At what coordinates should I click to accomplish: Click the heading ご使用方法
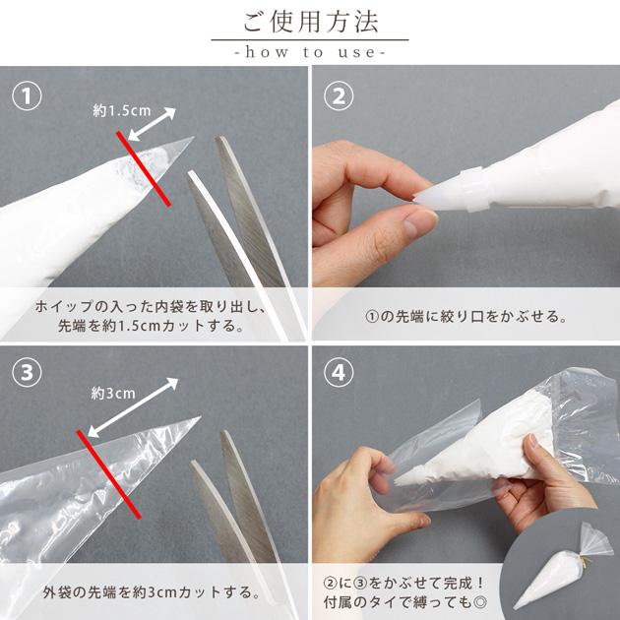click(x=310, y=22)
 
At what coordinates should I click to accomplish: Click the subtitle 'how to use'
click(x=310, y=52)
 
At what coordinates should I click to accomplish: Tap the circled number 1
click(x=27, y=96)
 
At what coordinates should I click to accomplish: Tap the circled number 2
click(x=339, y=96)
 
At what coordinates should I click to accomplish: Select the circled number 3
click(x=27, y=372)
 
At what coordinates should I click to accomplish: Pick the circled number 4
click(x=339, y=372)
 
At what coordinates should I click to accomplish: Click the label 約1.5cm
click(x=122, y=110)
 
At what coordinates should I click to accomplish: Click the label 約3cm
click(x=113, y=393)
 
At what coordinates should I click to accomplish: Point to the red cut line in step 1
click(x=144, y=169)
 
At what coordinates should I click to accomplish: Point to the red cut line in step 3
click(x=108, y=474)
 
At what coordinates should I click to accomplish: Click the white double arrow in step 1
click(x=152, y=124)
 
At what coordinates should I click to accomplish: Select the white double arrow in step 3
click(x=133, y=407)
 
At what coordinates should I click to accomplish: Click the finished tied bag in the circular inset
click(x=564, y=566)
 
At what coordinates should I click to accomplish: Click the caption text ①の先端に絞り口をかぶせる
click(x=466, y=316)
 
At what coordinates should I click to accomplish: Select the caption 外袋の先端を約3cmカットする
click(x=152, y=591)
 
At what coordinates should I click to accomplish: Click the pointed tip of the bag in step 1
click(x=193, y=138)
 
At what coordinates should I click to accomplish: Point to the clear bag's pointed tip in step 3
click(x=200, y=416)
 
